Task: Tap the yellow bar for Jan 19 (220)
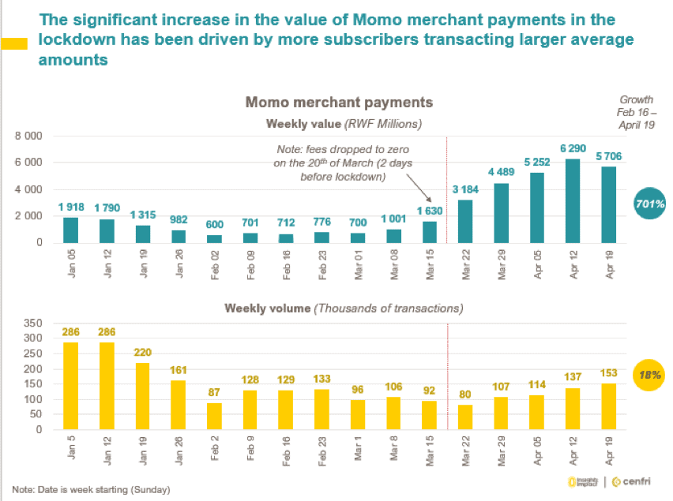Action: coord(141,396)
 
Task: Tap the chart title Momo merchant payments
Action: coord(339,103)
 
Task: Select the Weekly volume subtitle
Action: coord(344,308)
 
